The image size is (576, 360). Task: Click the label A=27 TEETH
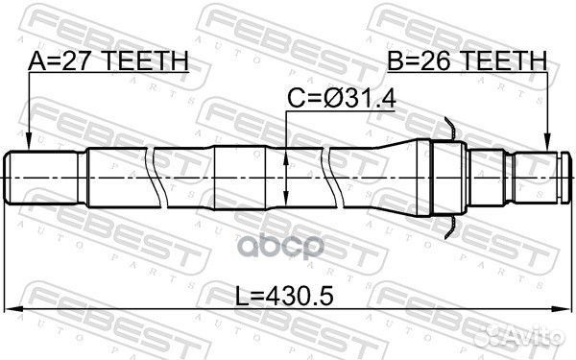pyautogui.click(x=108, y=60)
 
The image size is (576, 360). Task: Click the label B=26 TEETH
pyautogui.click(x=468, y=60)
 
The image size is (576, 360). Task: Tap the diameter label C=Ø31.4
pyautogui.click(x=341, y=99)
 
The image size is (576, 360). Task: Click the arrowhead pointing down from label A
pyautogui.click(x=28, y=142)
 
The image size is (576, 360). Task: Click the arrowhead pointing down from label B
pyautogui.click(x=547, y=142)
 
